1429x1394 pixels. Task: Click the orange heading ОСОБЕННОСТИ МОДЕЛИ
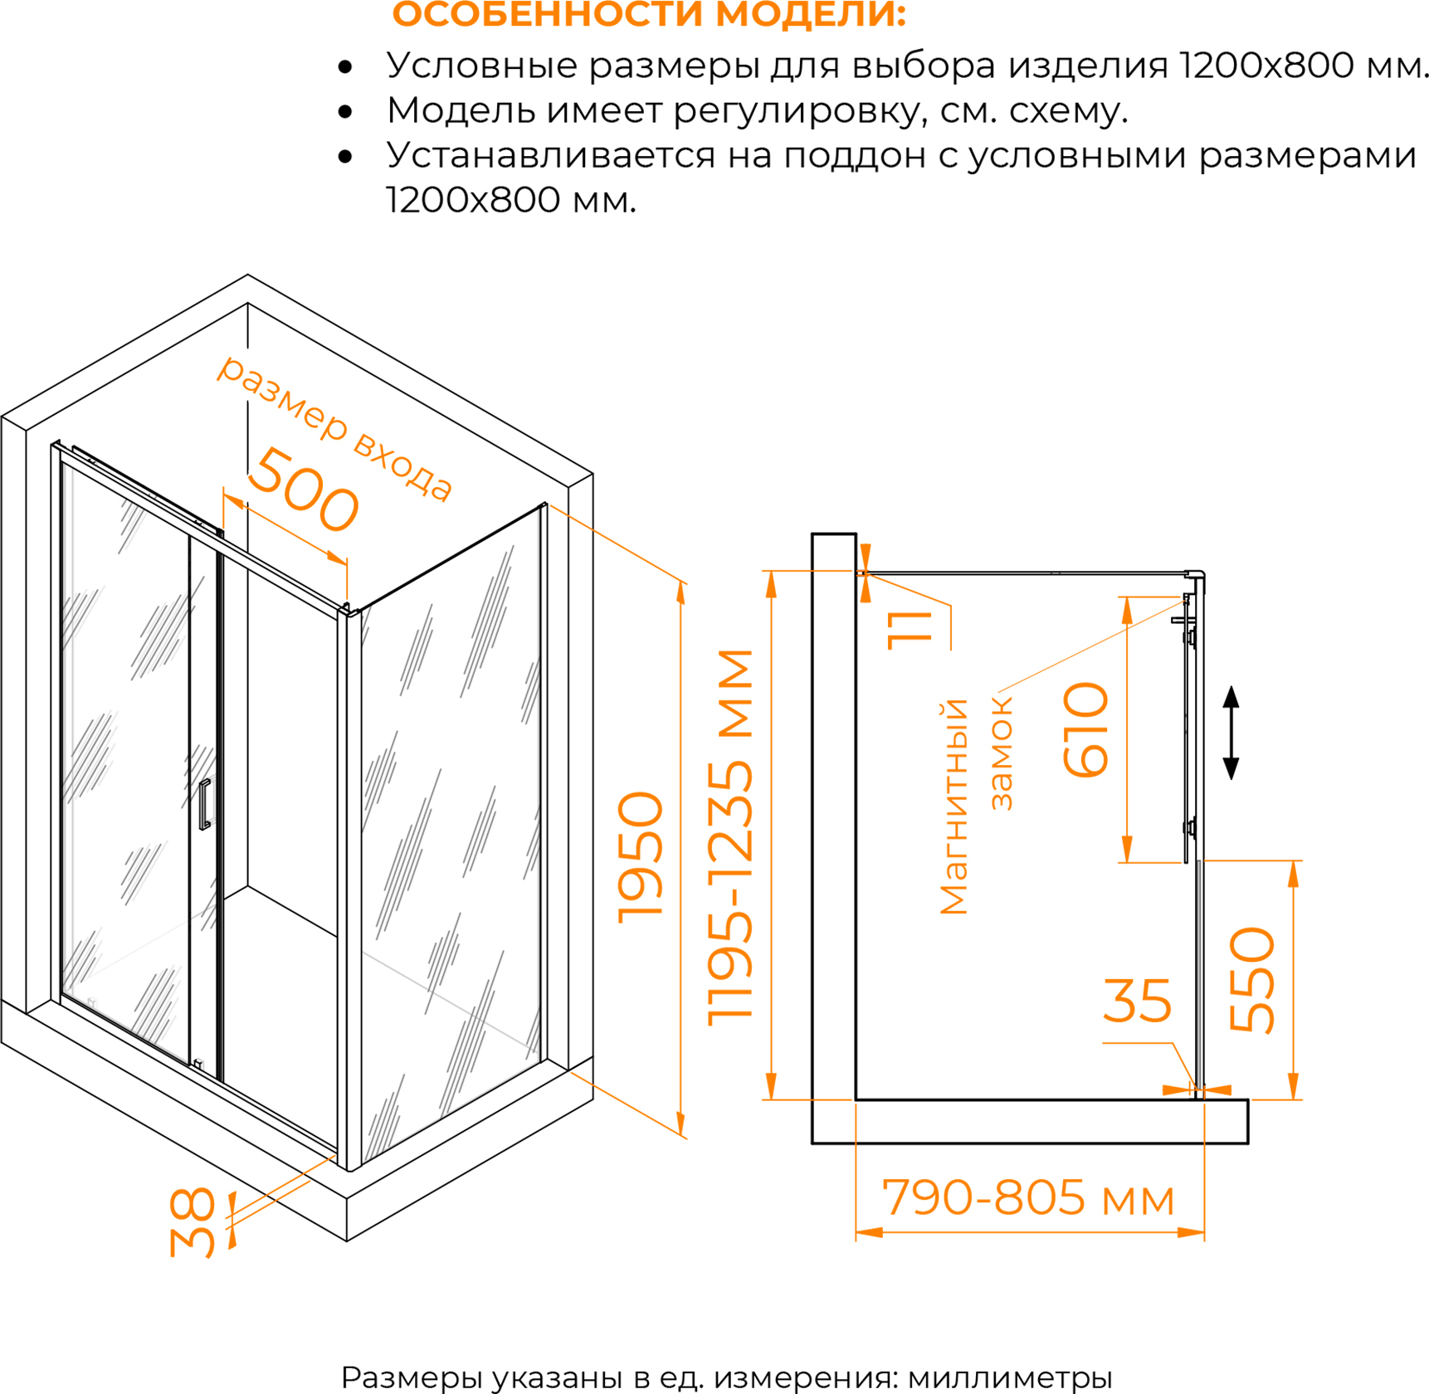pyautogui.click(x=648, y=14)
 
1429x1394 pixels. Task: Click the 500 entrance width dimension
pyautogui.click(x=304, y=490)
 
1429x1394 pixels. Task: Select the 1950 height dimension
pyautogui.click(x=641, y=858)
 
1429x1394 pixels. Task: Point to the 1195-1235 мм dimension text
pyautogui.click(x=730, y=837)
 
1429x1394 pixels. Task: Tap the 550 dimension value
pyautogui.click(x=1252, y=980)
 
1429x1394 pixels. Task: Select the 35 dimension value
pyautogui.click(x=1137, y=1001)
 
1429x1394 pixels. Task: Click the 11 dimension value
pyautogui.click(x=910, y=631)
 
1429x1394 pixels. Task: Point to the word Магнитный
pyautogui.click(x=953, y=807)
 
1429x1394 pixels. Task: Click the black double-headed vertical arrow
pyautogui.click(x=1231, y=733)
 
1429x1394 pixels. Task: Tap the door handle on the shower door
pyautogui.click(x=204, y=804)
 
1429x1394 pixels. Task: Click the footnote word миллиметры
pyautogui.click(x=1010, y=1378)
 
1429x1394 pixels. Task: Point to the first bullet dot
pyautogui.click(x=345, y=66)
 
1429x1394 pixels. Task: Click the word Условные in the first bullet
pyautogui.click(x=481, y=66)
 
